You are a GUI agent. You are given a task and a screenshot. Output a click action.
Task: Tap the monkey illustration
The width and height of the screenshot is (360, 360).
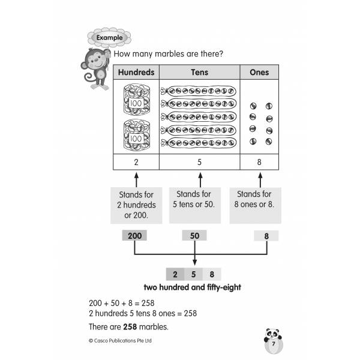[95, 67]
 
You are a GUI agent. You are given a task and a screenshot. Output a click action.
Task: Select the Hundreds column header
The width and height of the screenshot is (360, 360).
[136, 73]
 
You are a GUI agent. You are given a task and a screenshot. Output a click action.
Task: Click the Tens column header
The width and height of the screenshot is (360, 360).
[199, 73]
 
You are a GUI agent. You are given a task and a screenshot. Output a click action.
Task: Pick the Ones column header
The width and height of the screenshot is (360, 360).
[259, 73]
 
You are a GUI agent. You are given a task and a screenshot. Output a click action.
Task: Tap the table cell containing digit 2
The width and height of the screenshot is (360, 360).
[136, 162]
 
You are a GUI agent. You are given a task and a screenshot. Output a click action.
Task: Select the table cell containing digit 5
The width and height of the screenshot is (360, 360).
[199, 162]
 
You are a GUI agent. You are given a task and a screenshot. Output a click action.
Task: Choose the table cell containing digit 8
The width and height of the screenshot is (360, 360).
[259, 162]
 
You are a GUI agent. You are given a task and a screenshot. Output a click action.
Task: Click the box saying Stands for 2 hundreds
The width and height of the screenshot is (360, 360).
[136, 205]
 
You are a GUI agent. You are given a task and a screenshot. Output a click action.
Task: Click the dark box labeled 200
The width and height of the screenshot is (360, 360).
[135, 236]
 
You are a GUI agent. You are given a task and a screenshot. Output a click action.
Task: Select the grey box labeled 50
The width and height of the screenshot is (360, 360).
[194, 236]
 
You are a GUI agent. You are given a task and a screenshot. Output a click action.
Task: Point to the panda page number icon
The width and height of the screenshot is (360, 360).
[273, 341]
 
